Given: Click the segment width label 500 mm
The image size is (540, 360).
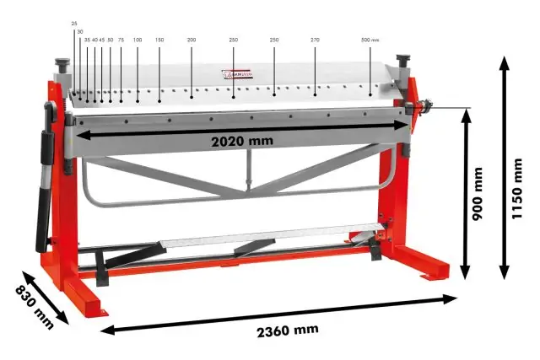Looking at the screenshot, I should [370, 40].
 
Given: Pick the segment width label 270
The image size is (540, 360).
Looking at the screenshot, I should [316, 40].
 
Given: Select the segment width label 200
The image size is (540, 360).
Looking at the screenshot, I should [192, 40].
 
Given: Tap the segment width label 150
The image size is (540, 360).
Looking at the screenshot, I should [159, 40].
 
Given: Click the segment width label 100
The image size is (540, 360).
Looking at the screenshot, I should [137, 40].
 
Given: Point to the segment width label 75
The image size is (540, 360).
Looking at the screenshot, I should [121, 40].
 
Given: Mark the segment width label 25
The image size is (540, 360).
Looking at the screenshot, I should [74, 24].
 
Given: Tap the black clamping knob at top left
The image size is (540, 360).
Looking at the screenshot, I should [62, 66].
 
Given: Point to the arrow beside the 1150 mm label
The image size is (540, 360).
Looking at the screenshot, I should [504, 168].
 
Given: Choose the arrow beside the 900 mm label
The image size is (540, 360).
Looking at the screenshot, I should [464, 194].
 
